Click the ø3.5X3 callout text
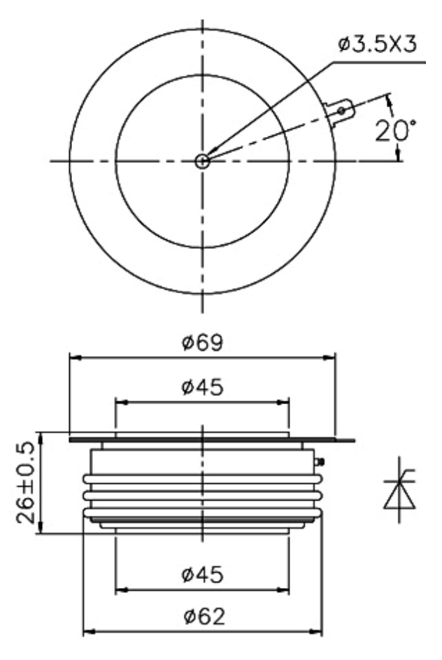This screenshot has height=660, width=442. pos(378,44)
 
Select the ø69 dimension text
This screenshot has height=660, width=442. pos(202,343)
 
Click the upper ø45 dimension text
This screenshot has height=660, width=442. pos(202,387)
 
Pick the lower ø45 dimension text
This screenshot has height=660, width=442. pos(202,575)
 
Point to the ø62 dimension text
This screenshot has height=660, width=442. pos(204,617)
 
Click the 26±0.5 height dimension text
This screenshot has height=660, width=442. pos(25,482)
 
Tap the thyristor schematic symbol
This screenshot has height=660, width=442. pos(399,489)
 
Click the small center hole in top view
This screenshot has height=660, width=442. pos(203,161)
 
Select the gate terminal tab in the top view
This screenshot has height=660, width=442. pos(339,112)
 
